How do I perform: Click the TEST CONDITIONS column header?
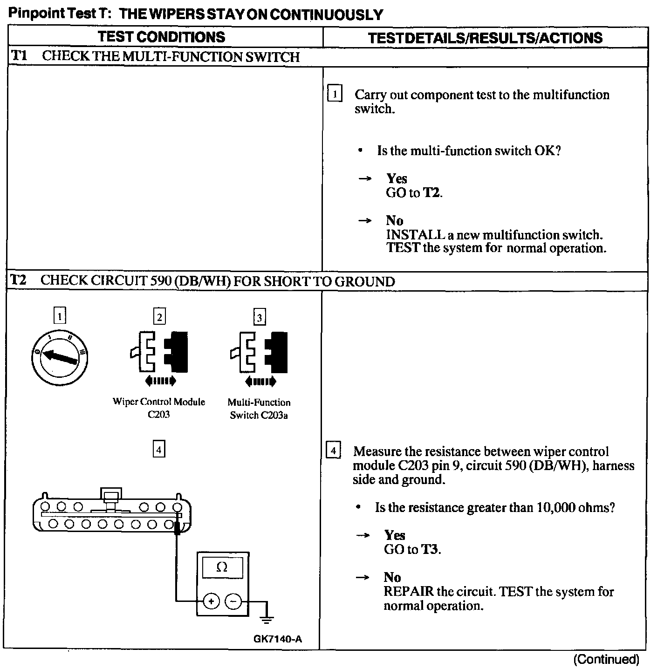pyautogui.click(x=161, y=37)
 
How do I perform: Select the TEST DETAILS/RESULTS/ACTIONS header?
pyautogui.click(x=485, y=38)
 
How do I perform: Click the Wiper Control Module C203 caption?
pyautogui.click(x=159, y=408)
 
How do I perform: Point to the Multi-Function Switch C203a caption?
pyautogui.click(x=259, y=409)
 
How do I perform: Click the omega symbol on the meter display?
pyautogui.click(x=222, y=567)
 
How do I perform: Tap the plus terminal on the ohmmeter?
pyautogui.click(x=211, y=601)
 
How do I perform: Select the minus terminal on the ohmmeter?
pyautogui.click(x=233, y=601)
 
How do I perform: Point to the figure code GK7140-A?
pyautogui.click(x=278, y=639)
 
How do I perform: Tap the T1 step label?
pyautogui.click(x=19, y=56)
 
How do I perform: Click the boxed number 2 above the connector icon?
pyautogui.click(x=159, y=317)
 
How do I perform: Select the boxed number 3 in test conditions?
pyautogui.click(x=259, y=318)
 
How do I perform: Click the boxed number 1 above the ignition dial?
pyautogui.click(x=60, y=317)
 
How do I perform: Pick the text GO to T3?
pyautogui.click(x=412, y=549)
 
